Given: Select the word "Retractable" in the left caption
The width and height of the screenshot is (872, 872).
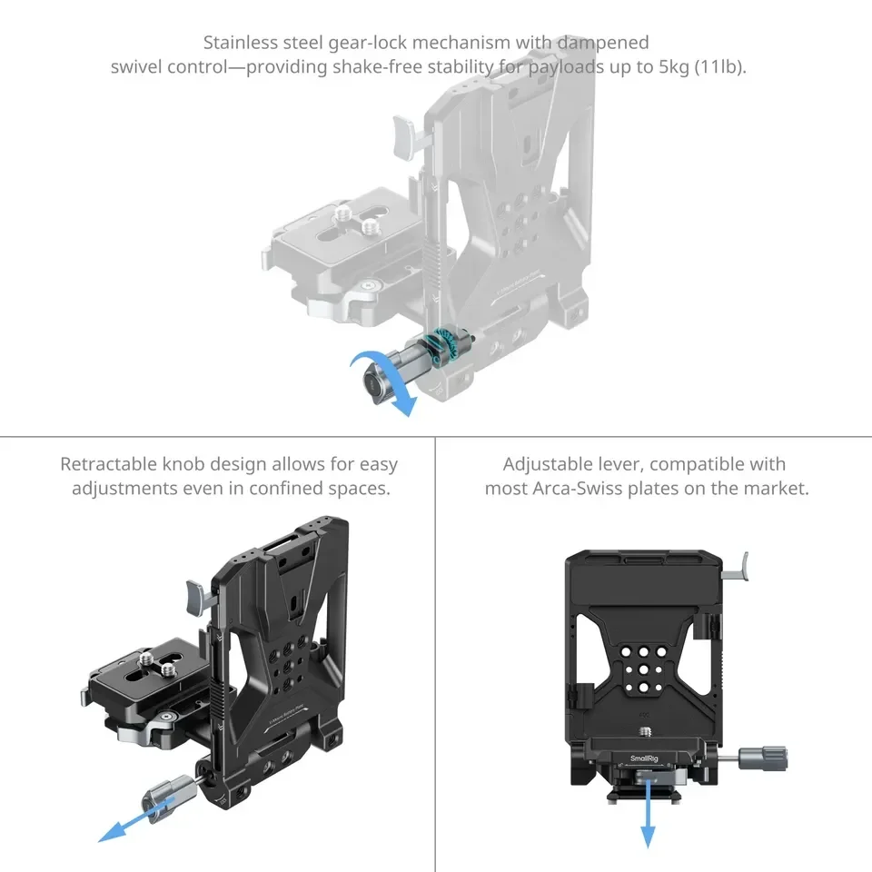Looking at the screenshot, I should [107, 464].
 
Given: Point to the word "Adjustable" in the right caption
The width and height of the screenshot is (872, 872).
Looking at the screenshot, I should [550, 464].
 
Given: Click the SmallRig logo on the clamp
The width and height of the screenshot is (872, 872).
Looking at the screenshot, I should [647, 757].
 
